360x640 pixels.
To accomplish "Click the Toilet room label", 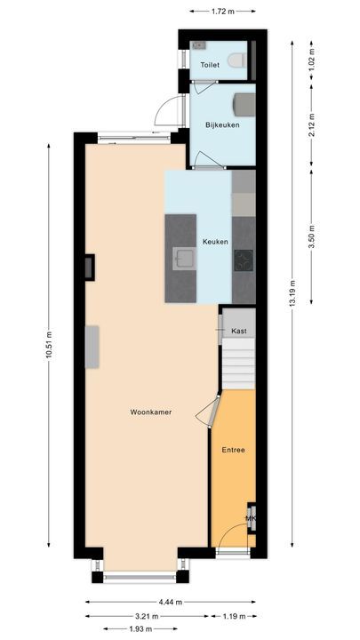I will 210,65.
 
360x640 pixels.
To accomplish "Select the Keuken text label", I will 215,242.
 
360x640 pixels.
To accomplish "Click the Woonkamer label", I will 150,412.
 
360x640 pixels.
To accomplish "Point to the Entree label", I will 233,450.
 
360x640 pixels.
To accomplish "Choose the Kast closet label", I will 238,332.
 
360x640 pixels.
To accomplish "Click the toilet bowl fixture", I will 237,60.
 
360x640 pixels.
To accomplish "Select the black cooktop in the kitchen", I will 244,260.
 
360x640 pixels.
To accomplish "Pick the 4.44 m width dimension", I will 171,602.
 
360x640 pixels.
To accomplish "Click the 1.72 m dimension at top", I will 223,12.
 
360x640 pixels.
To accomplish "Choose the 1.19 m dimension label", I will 235,614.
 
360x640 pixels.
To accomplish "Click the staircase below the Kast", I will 237,364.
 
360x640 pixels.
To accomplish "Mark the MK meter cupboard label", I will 250,518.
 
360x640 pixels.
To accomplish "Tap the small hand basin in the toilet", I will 199,44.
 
